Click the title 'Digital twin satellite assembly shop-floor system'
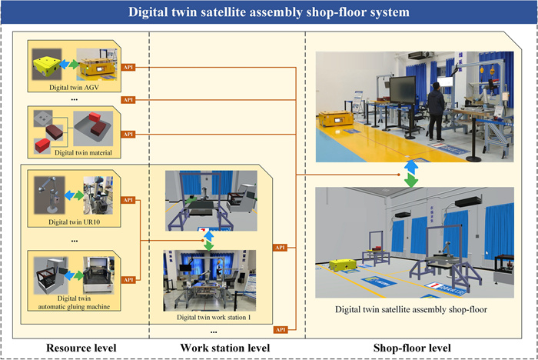coord(269,13)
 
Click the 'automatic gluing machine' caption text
coord(74,306)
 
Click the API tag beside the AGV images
coord(130,68)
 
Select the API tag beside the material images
coord(130,135)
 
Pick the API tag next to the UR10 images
coord(130,202)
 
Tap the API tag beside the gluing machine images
coord(130,280)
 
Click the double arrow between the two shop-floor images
coord(413,173)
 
